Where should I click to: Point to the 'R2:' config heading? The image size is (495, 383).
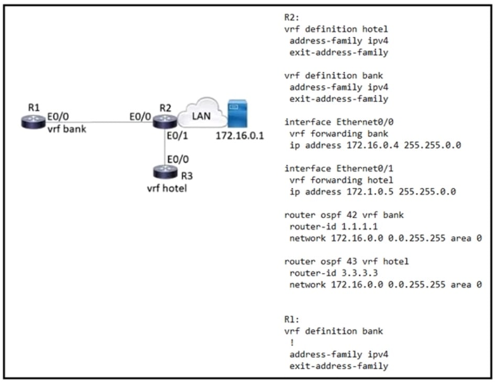click(x=291, y=17)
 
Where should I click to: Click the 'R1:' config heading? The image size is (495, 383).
click(x=291, y=319)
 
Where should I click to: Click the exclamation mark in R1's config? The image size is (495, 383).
click(x=292, y=343)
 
